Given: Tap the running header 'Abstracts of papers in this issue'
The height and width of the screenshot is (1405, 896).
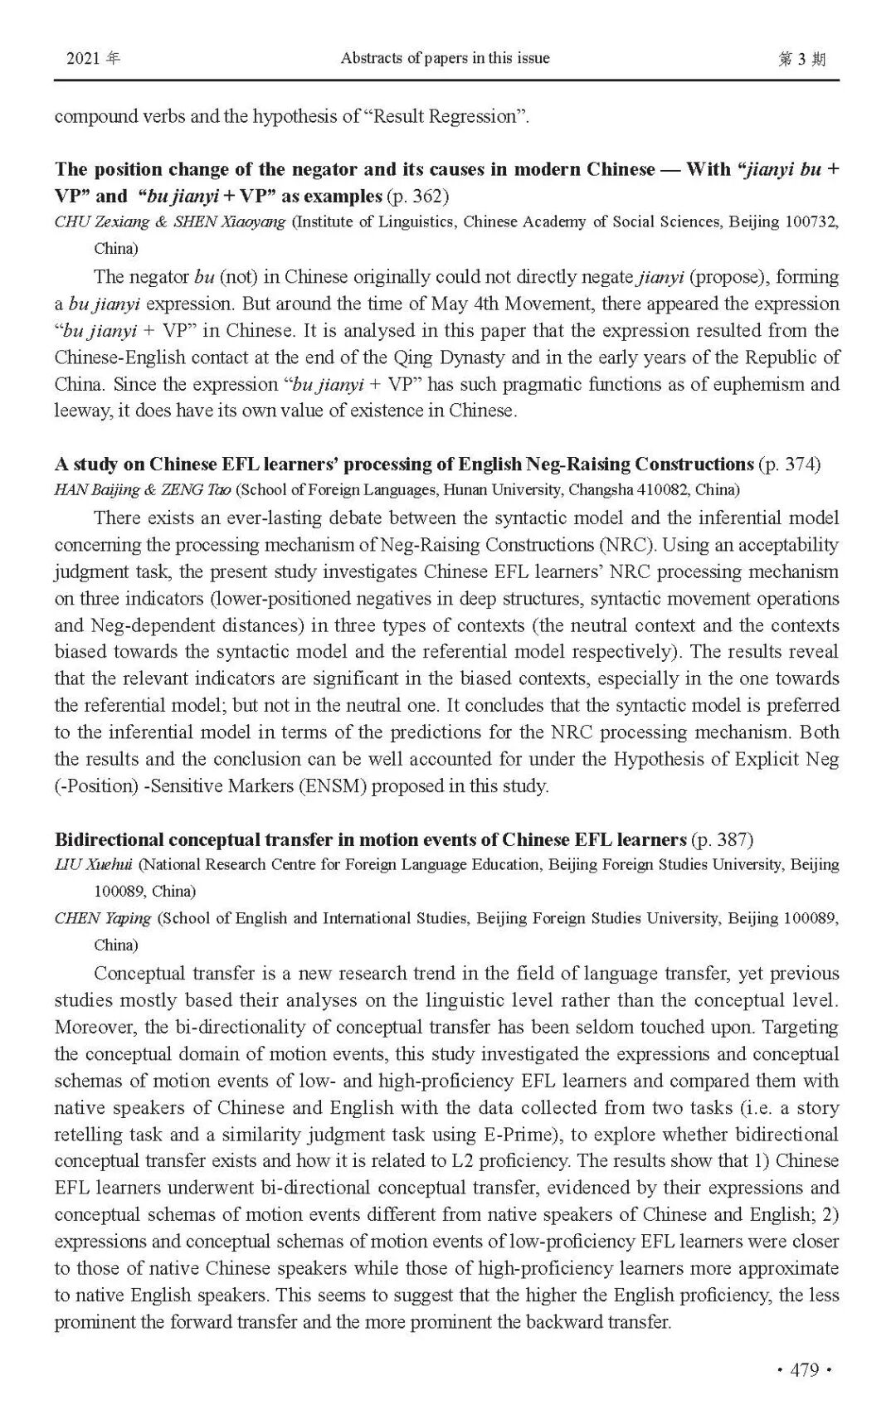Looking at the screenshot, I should point(445,58).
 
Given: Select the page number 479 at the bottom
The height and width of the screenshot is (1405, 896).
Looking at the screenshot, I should point(805,1369).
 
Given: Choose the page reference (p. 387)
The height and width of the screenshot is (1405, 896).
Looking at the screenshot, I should point(723,839).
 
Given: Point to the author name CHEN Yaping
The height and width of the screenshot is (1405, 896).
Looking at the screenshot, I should point(103,918).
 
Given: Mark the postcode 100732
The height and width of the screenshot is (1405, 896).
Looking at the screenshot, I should point(810,221).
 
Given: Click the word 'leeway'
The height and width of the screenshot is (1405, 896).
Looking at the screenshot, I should point(82,411).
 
